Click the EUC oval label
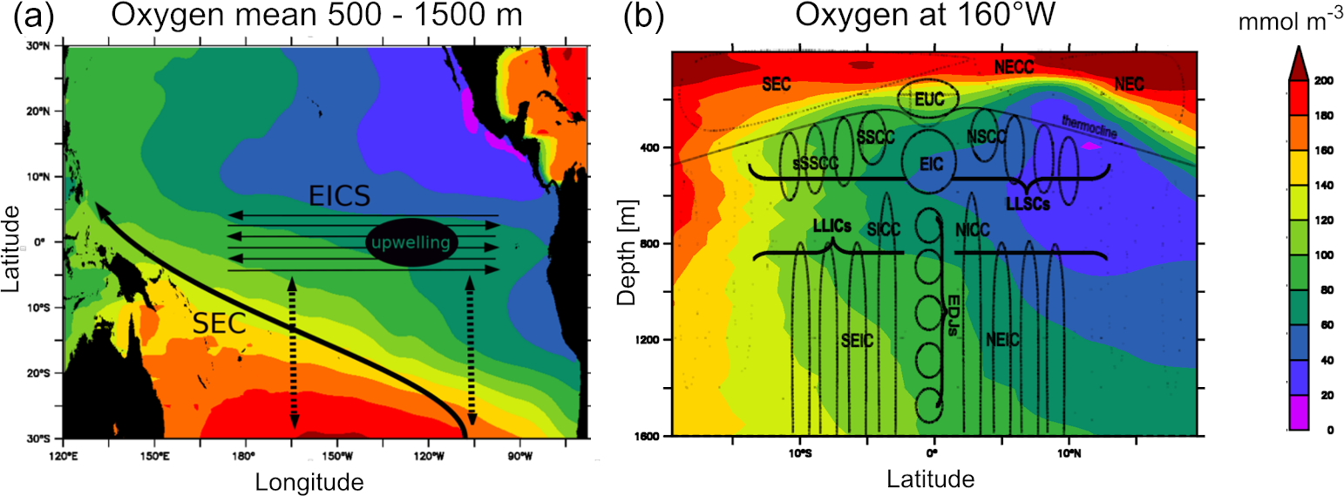coord(927,100)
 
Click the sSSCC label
coord(813,163)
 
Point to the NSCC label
coord(986,137)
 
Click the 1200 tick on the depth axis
coord(645,340)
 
